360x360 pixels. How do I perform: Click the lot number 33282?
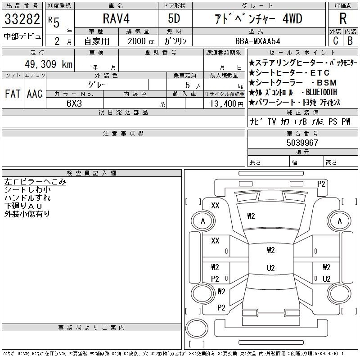(x=22, y=19)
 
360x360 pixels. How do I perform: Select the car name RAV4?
(x=116, y=18)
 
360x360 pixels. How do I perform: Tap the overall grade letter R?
(x=343, y=18)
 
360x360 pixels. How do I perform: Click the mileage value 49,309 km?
(x=49, y=64)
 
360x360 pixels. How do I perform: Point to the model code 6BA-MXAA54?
(x=257, y=41)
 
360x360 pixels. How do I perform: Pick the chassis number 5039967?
(x=302, y=143)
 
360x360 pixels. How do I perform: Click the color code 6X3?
(x=74, y=103)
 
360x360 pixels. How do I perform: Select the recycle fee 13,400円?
(x=227, y=104)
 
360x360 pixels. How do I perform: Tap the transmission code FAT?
(x=13, y=94)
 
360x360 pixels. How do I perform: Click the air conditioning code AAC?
(x=35, y=94)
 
